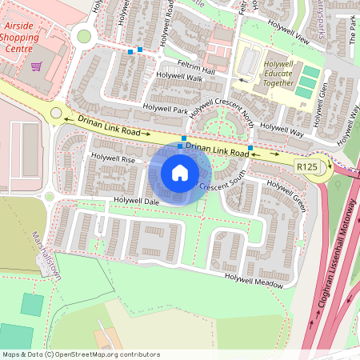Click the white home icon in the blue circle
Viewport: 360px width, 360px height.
tap(180, 173)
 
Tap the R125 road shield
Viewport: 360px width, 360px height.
tap(306, 166)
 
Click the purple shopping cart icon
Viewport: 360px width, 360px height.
tap(36, 66)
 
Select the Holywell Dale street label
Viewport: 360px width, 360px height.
tap(137, 202)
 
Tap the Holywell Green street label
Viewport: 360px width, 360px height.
tap(286, 196)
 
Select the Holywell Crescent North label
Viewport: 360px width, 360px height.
tap(223, 113)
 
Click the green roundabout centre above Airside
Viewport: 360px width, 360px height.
tap(83, 36)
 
